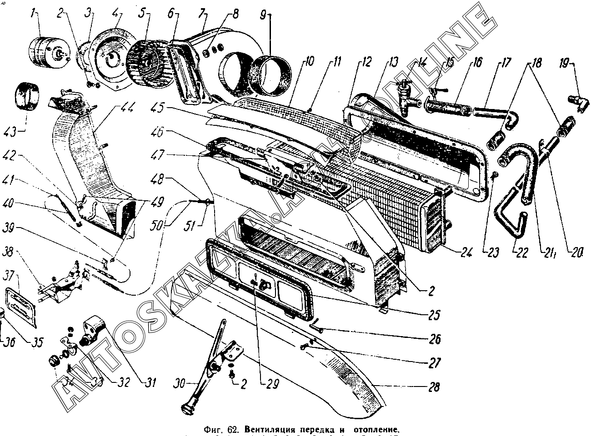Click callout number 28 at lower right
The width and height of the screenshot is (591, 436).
pos(434,387)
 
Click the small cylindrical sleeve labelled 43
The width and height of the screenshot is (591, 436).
pos(27,95)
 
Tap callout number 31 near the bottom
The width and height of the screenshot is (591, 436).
pos(150,383)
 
